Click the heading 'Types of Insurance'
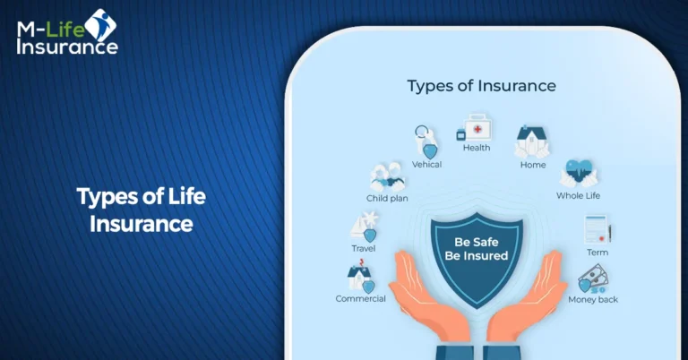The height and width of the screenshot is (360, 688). [481, 86]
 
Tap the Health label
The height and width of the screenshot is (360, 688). [477, 148]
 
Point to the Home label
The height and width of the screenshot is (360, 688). [533, 166]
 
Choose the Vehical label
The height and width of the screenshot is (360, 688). [426, 165]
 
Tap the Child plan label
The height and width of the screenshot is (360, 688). [387, 198]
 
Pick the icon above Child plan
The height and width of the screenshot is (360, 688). [388, 176]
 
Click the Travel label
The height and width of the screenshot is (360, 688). [363, 248]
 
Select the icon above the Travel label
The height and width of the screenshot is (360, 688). [365, 226]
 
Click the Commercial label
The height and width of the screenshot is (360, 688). [360, 298]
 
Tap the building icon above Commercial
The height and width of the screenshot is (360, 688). [360, 278]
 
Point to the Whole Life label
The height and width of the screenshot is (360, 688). [578, 195]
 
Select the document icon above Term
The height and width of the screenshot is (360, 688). [598, 230]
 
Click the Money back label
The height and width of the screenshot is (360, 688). [593, 299]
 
